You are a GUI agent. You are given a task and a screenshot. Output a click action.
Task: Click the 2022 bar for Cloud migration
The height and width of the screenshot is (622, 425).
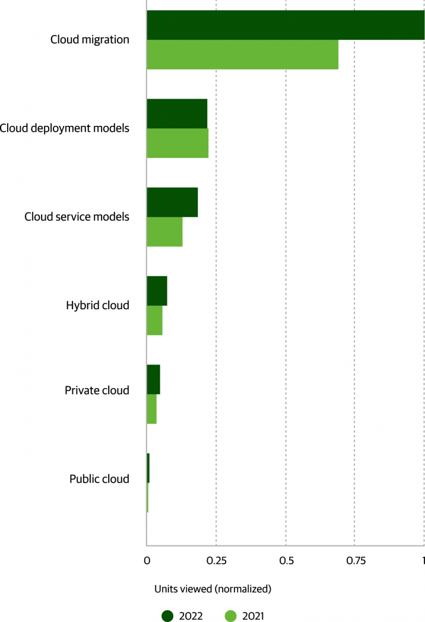(x=286, y=25)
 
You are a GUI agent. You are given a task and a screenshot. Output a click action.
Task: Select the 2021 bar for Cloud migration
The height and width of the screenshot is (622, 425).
(x=242, y=55)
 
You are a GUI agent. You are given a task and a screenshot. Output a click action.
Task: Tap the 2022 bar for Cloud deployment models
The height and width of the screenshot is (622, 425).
(x=177, y=113)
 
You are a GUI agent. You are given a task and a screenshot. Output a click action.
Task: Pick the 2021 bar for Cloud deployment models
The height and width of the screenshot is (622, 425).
(x=177, y=143)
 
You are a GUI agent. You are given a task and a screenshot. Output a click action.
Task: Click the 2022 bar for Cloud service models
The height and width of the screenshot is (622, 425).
(x=172, y=202)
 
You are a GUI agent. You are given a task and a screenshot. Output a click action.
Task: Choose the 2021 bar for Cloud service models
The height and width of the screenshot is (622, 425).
(x=164, y=231)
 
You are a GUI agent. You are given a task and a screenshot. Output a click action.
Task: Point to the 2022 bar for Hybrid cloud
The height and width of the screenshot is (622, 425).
(x=157, y=291)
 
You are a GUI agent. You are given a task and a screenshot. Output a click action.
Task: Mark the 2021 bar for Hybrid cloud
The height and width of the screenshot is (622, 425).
(x=154, y=320)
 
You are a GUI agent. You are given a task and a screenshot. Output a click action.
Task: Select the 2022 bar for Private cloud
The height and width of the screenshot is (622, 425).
(x=153, y=379)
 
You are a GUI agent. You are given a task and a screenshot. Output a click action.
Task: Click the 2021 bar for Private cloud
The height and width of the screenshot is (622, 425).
(x=151, y=409)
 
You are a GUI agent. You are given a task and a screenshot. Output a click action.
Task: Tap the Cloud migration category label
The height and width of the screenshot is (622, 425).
(x=90, y=40)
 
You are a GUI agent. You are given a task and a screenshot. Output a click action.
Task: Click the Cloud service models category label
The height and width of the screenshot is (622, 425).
(x=77, y=217)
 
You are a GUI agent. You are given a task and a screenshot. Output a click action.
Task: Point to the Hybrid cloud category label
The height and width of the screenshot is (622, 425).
(x=97, y=306)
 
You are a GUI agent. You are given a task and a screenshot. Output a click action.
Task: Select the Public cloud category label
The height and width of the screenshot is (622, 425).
(x=99, y=479)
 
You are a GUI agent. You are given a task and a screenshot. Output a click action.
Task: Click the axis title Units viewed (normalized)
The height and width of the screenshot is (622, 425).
(x=213, y=589)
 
